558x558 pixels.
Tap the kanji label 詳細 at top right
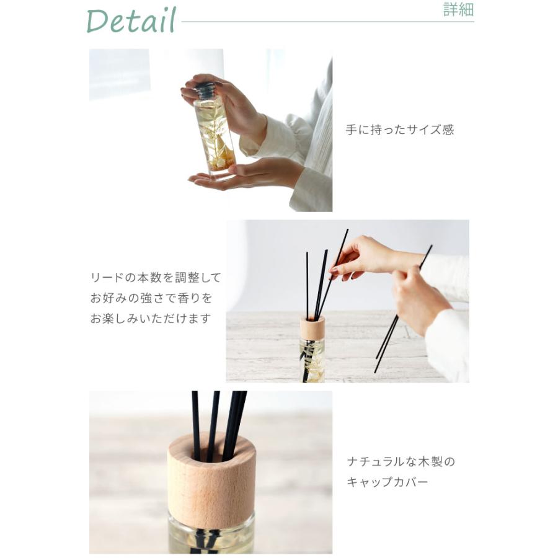click(458, 11)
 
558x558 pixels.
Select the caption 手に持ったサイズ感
click(399, 130)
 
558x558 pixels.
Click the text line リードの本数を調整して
click(155, 278)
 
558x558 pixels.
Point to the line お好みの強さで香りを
click(151, 298)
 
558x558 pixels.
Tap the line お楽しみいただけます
click(151, 319)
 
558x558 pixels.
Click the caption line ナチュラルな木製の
click(401, 461)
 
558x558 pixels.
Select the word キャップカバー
click(387, 482)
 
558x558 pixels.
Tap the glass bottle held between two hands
click(214, 133)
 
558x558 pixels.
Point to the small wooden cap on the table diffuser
click(312, 328)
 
